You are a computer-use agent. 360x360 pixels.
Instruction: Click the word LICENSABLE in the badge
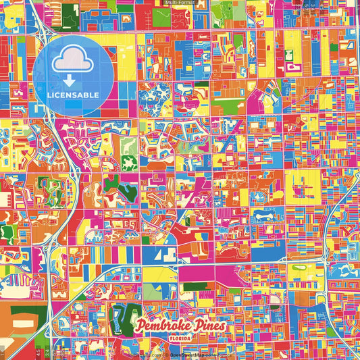pos(73,95)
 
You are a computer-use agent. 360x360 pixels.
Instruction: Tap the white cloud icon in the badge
pos(73,59)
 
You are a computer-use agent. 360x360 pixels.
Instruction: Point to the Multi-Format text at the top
pos(179,3)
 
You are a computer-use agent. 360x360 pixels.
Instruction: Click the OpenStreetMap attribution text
pos(188,354)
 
